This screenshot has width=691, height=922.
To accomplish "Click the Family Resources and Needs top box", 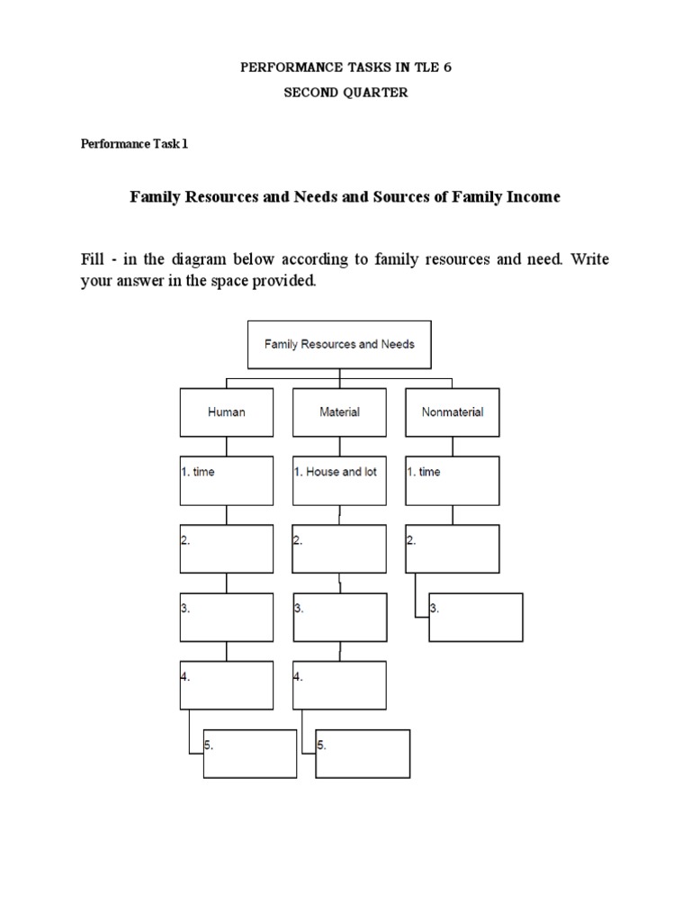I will click(x=339, y=345).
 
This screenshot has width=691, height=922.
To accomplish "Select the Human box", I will click(x=226, y=412).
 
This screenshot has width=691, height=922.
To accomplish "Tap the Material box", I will click(x=339, y=412).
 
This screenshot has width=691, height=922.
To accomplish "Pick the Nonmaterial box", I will click(x=452, y=412).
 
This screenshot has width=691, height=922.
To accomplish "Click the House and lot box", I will click(x=339, y=480).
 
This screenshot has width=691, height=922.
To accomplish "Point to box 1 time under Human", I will click(x=226, y=480).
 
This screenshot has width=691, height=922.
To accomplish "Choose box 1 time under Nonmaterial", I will click(x=452, y=480).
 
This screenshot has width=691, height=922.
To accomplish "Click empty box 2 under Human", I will click(x=226, y=549).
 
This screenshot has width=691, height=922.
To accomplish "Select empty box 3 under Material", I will click(x=339, y=617).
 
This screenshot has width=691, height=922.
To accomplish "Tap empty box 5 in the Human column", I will click(x=250, y=754).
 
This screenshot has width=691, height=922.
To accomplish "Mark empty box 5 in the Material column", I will click(x=363, y=754).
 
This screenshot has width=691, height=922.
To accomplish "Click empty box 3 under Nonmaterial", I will click(x=476, y=617).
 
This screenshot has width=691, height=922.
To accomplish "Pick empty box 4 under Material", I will click(x=339, y=685).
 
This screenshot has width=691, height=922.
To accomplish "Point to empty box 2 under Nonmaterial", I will click(x=452, y=549).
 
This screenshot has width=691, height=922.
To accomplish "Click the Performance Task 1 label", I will click(x=135, y=144).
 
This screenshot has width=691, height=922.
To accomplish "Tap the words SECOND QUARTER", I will click(x=346, y=93).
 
